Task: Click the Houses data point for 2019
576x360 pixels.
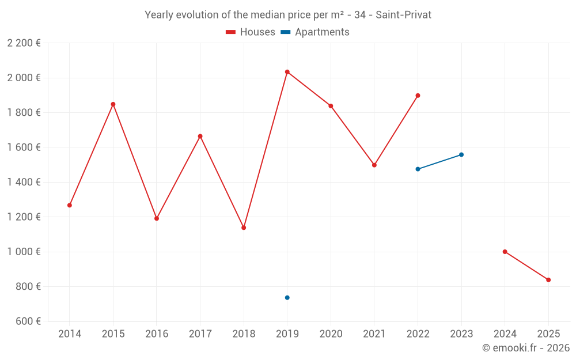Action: (x=287, y=72)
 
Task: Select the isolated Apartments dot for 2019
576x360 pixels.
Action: (x=287, y=298)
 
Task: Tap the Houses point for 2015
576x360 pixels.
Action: (x=113, y=104)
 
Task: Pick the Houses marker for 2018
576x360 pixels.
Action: (x=244, y=228)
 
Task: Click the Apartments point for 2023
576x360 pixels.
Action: (x=461, y=154)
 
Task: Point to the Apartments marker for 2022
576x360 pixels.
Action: (x=418, y=169)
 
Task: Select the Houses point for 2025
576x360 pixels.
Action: (x=548, y=280)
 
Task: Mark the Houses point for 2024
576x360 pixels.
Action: (x=505, y=252)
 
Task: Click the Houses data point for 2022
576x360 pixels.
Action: (x=418, y=96)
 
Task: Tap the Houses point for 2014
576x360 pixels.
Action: (x=70, y=205)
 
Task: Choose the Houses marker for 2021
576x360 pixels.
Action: (x=374, y=165)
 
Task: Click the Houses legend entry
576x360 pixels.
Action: (x=251, y=32)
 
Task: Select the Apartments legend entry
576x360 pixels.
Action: (x=315, y=32)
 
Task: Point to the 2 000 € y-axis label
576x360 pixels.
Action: (x=24, y=78)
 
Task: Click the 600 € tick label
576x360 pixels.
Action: (x=27, y=321)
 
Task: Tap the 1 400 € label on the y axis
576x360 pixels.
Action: (x=24, y=182)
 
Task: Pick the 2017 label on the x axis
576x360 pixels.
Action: (x=200, y=334)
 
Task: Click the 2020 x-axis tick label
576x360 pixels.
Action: (x=331, y=334)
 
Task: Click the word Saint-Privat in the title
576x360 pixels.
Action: (x=403, y=15)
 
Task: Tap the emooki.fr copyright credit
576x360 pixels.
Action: (x=526, y=348)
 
